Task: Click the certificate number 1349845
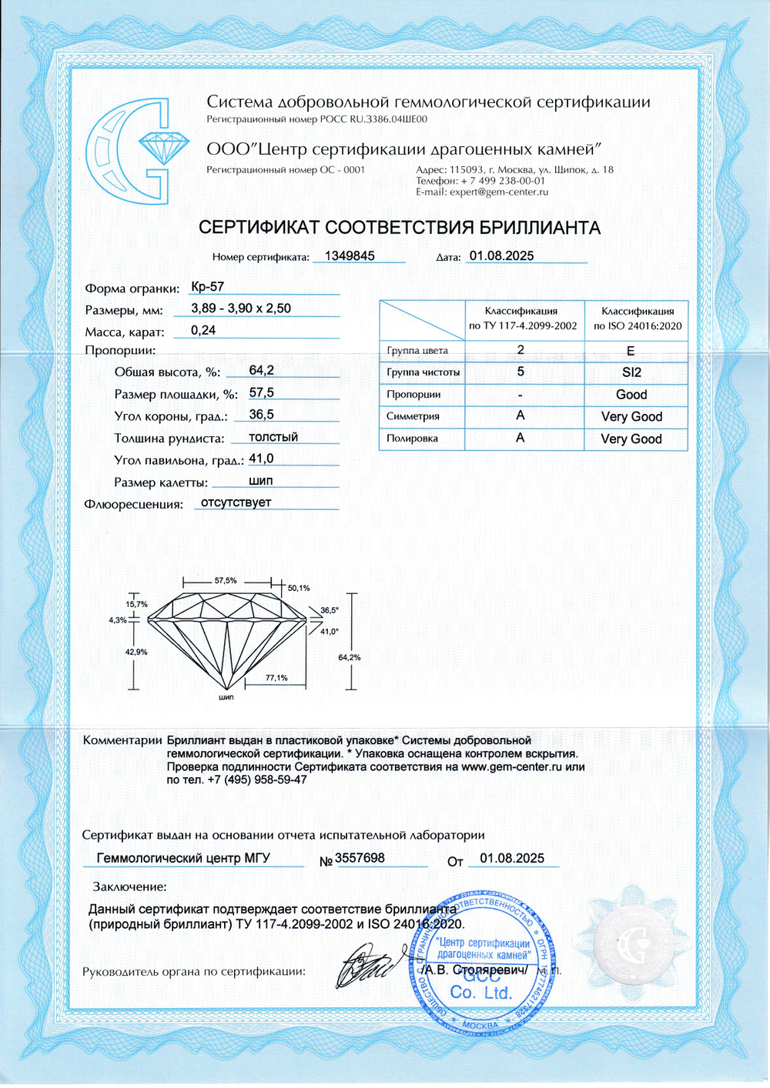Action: [x=350, y=256]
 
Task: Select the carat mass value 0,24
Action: [x=203, y=330]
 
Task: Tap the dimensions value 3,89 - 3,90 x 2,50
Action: [x=241, y=309]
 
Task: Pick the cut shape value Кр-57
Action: [x=207, y=287]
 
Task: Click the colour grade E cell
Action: [x=631, y=351]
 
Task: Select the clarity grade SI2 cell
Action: [x=631, y=372]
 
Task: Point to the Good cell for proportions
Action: [x=631, y=395]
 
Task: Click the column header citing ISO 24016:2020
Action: [x=638, y=319]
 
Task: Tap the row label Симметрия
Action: [x=413, y=416]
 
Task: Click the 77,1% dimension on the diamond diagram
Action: [x=276, y=678]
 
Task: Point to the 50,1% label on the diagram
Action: [x=299, y=588]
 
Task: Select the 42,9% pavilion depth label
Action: [x=137, y=652]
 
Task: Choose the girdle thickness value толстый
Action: [x=273, y=437]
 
